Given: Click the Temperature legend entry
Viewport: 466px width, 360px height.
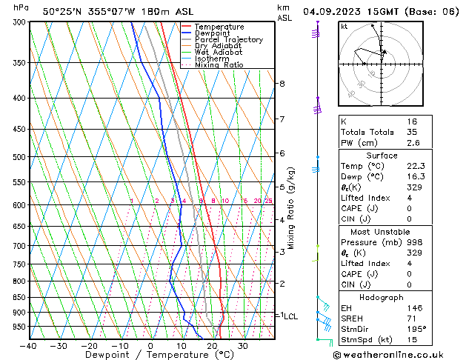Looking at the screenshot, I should click(x=220, y=27).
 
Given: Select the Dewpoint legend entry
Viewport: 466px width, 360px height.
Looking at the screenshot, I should click(x=215, y=33).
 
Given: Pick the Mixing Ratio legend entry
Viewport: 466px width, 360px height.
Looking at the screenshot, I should click(x=220, y=65).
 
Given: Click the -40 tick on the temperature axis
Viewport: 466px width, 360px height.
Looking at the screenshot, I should click(x=28, y=345).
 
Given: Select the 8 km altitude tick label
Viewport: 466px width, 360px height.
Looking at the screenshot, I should click(x=282, y=84).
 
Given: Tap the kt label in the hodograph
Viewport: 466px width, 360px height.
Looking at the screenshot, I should click(x=344, y=27).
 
